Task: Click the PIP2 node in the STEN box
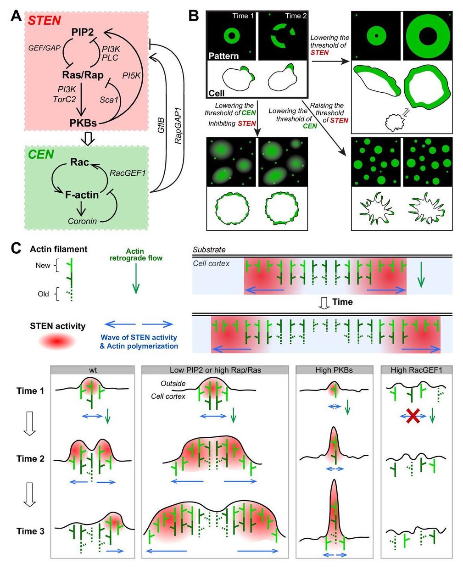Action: point(83,32)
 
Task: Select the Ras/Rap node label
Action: point(83,74)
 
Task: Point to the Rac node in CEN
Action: point(80,162)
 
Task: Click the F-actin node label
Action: point(82,195)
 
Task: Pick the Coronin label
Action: point(82,221)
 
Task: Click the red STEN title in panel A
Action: point(45,20)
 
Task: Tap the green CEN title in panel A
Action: point(41,154)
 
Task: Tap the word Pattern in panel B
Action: point(223,56)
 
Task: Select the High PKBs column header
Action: point(334,370)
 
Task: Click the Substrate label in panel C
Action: point(209,250)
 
